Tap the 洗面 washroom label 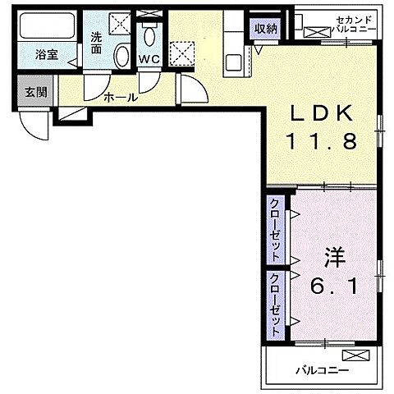pos(96,43)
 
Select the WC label pos(149,58)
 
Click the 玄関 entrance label pos(34,91)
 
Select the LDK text pos(321,113)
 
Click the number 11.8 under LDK pos(321,141)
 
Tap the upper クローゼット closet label pos(274,225)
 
